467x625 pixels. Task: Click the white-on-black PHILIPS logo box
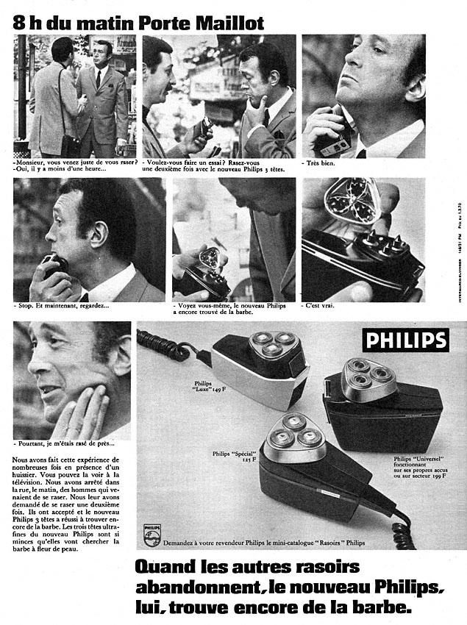pyautogui.click(x=405, y=340)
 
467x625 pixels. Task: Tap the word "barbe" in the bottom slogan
pyautogui.click(x=372, y=610)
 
